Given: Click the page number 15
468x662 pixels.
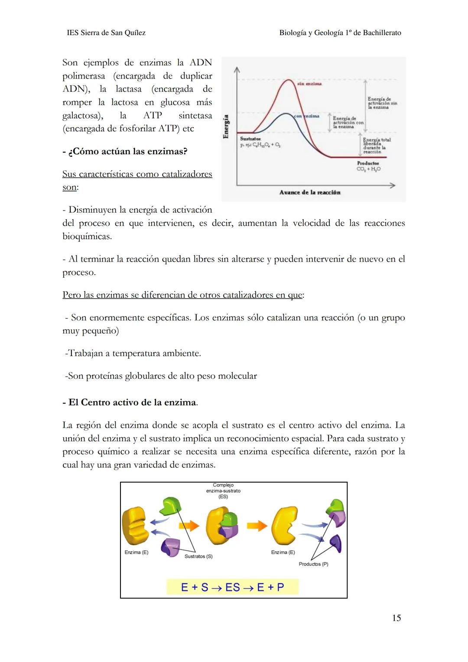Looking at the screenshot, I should click(396, 618).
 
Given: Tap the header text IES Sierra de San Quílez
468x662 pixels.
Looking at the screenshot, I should click(106, 33).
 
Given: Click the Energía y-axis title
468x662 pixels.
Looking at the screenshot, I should click(225, 127).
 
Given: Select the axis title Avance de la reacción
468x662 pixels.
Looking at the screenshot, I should click(310, 192).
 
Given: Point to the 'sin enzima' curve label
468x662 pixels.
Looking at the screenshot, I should click(309, 84).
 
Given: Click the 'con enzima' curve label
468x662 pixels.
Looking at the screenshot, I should click(306, 116).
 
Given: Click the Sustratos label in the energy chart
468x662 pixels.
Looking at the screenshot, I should click(250, 139).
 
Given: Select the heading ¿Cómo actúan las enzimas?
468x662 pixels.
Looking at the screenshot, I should click(125, 152).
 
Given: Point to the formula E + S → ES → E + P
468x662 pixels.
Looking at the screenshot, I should click(232, 587).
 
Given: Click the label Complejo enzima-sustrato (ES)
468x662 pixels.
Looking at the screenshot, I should click(223, 491).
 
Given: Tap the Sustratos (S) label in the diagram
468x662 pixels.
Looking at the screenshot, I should click(198, 556).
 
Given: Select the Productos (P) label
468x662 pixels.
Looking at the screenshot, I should click(313, 564).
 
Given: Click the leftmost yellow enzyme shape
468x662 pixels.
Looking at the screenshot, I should click(135, 526).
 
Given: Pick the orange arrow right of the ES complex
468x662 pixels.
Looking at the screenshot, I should click(257, 526).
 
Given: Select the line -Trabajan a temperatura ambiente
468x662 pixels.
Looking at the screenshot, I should click(133, 354).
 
